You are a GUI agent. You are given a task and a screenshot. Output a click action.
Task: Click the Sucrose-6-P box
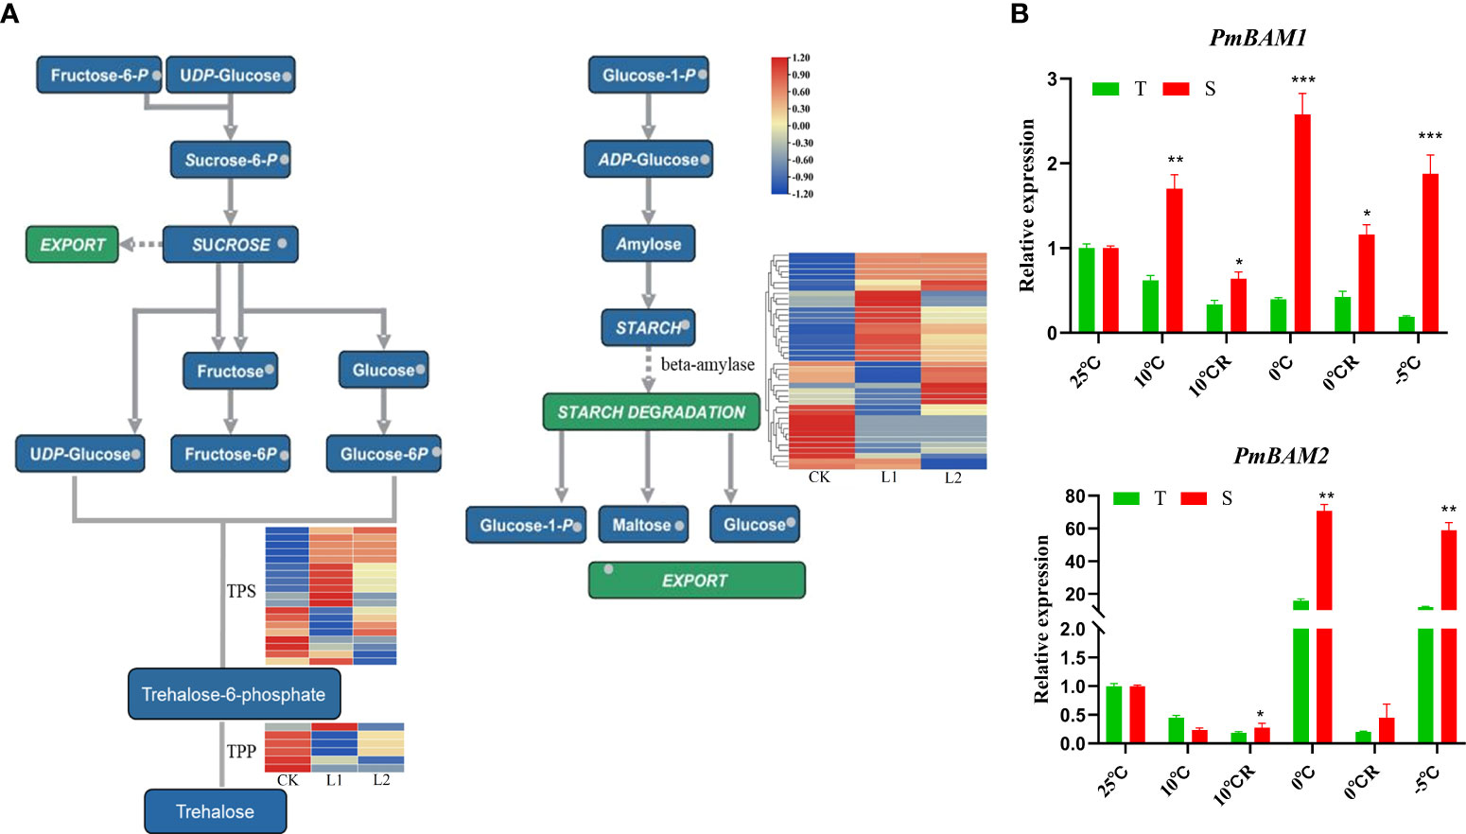point(230,160)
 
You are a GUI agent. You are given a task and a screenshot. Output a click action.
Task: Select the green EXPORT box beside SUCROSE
point(72,245)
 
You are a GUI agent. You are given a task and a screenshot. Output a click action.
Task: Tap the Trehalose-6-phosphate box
point(234,694)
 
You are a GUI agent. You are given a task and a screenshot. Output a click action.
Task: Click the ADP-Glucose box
point(649,160)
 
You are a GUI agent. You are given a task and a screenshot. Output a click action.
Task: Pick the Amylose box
point(648,244)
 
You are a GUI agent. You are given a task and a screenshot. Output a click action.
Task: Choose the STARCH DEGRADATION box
point(651,412)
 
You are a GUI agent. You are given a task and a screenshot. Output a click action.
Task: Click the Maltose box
point(643,525)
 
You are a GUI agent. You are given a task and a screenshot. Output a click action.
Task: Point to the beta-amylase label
point(707,364)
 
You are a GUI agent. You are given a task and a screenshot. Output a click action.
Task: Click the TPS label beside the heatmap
point(241,591)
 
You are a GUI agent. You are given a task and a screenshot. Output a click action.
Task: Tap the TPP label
point(241,751)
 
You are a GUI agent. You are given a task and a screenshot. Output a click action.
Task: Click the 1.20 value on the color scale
point(800,59)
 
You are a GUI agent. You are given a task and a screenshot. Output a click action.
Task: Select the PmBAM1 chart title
point(1258,39)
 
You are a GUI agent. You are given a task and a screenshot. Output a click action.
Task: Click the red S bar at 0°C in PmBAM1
point(1302,223)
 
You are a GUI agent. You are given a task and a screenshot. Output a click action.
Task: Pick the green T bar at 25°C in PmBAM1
point(1087,290)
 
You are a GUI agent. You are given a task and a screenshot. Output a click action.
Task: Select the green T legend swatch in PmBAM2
point(1126,498)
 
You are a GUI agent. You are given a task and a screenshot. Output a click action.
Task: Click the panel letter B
point(1020,14)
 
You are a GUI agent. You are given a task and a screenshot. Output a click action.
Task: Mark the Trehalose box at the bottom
point(215,811)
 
